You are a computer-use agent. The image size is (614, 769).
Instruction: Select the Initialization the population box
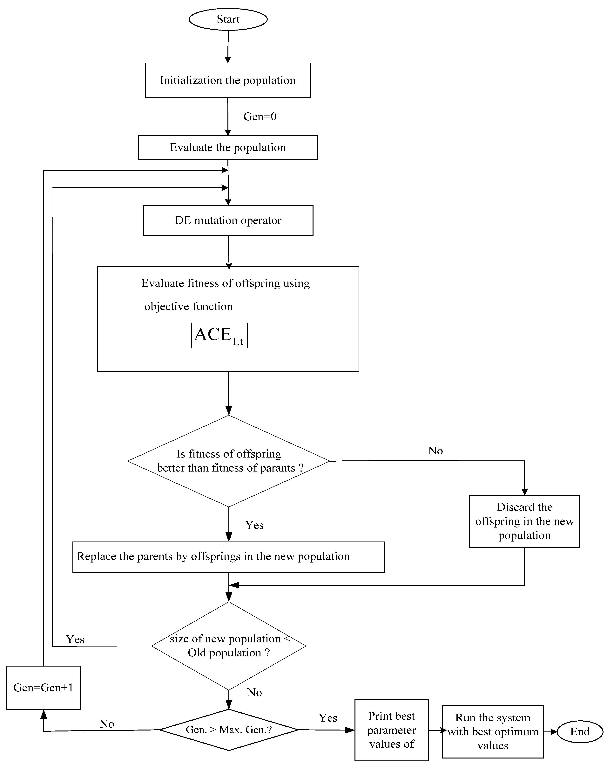click(x=227, y=80)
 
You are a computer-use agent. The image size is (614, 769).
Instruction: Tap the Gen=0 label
click(x=260, y=117)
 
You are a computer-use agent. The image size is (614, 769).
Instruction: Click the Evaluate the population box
click(x=228, y=147)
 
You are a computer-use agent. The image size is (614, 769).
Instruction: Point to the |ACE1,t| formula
click(x=219, y=335)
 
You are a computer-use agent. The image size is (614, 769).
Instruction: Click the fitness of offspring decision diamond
click(x=228, y=461)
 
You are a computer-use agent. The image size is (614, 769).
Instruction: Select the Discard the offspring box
click(x=524, y=521)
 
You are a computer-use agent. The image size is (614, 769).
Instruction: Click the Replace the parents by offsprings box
click(x=228, y=557)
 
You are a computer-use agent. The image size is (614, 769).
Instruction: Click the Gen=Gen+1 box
click(x=44, y=688)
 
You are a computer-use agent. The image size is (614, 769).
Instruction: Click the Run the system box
click(x=492, y=731)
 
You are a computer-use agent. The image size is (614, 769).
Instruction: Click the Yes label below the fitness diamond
click(x=254, y=525)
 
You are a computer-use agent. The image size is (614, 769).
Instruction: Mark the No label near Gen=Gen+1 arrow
click(x=107, y=724)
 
